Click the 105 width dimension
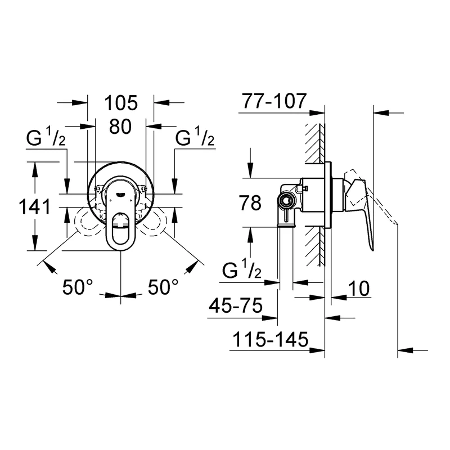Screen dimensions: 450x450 click(121, 103)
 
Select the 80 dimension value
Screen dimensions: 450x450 click(120, 127)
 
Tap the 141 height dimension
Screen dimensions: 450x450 click(35, 206)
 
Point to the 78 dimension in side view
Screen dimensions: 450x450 click(250, 203)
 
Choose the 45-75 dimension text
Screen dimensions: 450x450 click(236, 305)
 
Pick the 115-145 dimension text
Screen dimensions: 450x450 click(270, 340)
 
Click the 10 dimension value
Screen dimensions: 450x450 click(359, 288)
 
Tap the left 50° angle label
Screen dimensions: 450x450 click(78, 287)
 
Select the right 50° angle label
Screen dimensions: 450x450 click(163, 287)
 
